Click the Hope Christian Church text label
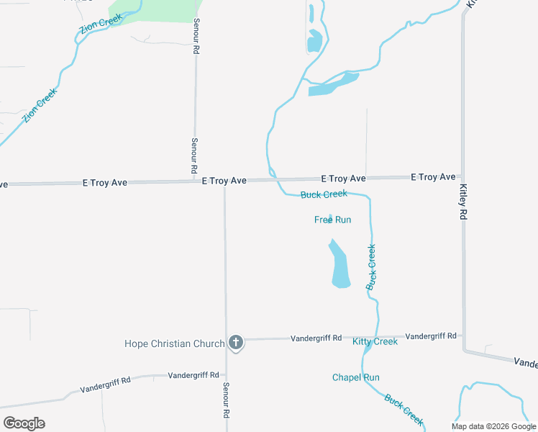click(x=175, y=343)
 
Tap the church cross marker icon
click(x=235, y=343)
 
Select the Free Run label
click(x=332, y=220)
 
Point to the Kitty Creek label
click(x=375, y=341)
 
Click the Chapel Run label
click(x=355, y=377)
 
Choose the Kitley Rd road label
click(x=463, y=202)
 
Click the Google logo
click(x=24, y=423)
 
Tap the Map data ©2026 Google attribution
click(x=494, y=426)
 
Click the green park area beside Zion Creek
click(x=155, y=11)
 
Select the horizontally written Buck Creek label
click(x=324, y=194)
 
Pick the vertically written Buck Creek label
click(x=371, y=267)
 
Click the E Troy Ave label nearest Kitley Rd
click(x=433, y=176)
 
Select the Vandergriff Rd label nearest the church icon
click(x=316, y=338)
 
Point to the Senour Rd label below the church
click(x=226, y=401)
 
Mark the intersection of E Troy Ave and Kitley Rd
click(x=462, y=176)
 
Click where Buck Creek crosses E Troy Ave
click(x=273, y=179)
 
